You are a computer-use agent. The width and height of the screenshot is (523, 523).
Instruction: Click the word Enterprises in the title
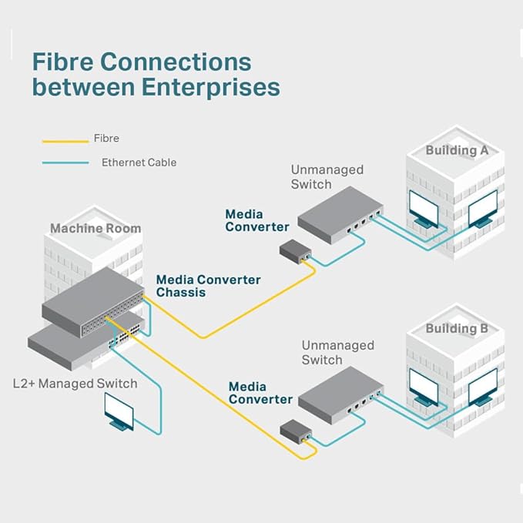[x=210, y=87]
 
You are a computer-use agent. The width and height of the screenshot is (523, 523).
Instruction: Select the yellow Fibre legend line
[x=65, y=141]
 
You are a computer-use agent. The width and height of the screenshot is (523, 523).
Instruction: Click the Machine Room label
[x=96, y=228]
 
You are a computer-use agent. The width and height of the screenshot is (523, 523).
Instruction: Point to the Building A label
[x=457, y=150]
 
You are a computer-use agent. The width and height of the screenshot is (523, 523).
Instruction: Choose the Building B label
[x=457, y=329]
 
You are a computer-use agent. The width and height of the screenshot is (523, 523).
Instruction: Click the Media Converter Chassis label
[x=208, y=286]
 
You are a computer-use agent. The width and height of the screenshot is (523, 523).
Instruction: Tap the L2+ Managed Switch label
[x=75, y=383]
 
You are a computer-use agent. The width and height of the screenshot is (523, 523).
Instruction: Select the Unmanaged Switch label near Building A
[x=327, y=177]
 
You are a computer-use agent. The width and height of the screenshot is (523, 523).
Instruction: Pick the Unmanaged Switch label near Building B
[x=337, y=353]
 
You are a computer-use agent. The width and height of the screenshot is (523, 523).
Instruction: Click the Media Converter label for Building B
[x=260, y=393]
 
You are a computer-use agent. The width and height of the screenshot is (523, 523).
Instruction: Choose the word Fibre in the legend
[x=106, y=138]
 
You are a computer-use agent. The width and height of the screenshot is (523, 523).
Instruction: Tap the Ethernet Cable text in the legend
[x=139, y=163]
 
